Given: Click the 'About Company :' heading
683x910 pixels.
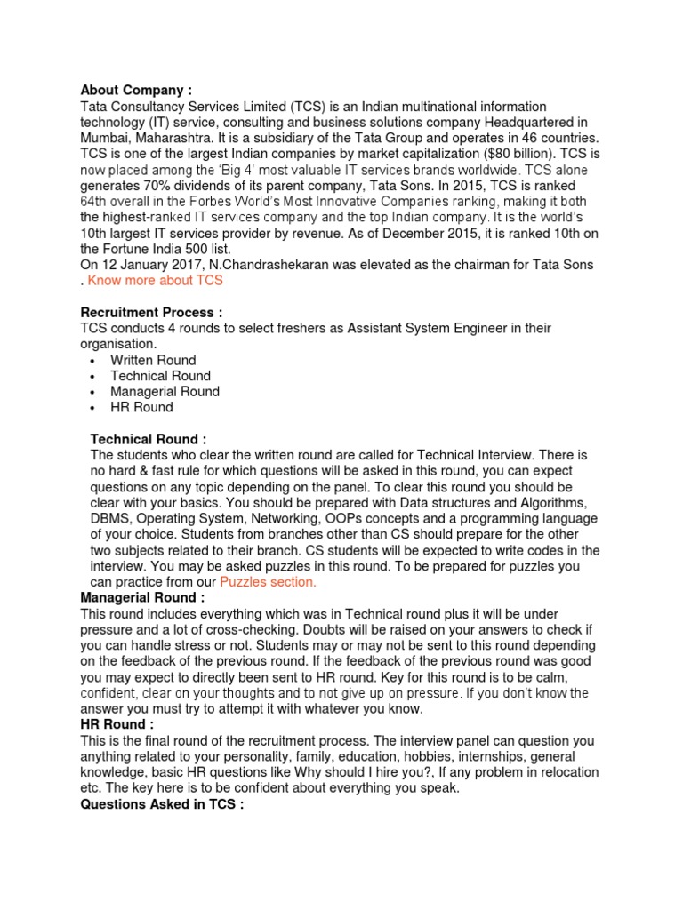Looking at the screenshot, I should pos(136,90).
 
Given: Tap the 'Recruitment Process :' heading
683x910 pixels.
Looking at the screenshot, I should pos(151,312).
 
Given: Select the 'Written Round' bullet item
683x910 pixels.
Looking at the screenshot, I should pos(153,360).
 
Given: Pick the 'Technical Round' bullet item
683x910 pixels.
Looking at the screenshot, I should pos(160,376).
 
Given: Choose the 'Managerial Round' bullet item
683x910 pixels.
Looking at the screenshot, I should pos(165,391).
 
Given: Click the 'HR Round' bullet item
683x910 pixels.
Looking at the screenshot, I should pos(141,407).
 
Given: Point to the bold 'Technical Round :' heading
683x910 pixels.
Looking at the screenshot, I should pos(149,439).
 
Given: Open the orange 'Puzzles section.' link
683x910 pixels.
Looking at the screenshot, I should pos(268,581).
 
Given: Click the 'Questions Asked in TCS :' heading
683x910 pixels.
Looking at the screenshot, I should pos(162,805).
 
